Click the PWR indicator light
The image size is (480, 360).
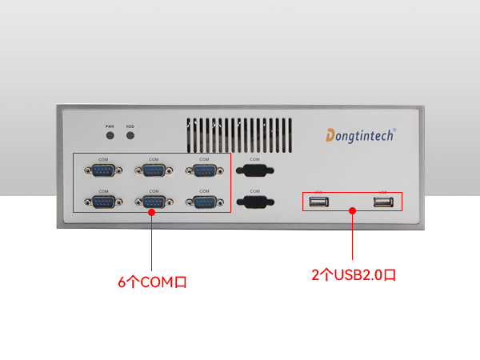point(110,135)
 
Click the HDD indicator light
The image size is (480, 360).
point(130,135)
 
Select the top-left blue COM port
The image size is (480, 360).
point(103,170)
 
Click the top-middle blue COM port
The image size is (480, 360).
point(154,170)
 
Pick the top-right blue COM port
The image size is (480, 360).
point(204,170)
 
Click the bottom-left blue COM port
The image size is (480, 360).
point(103,202)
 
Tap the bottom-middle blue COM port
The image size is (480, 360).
point(154,202)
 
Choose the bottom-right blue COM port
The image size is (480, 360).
point(204,202)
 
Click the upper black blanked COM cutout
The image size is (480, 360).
point(254,170)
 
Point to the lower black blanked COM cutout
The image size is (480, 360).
point(254,202)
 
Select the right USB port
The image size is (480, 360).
point(382,202)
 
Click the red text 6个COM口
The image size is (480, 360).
point(152,282)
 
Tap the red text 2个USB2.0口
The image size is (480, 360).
point(354,274)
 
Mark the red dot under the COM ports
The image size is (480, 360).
point(152,213)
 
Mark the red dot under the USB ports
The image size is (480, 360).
point(353,211)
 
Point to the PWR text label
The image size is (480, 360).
point(110,126)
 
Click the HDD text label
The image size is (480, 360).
point(130,126)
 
